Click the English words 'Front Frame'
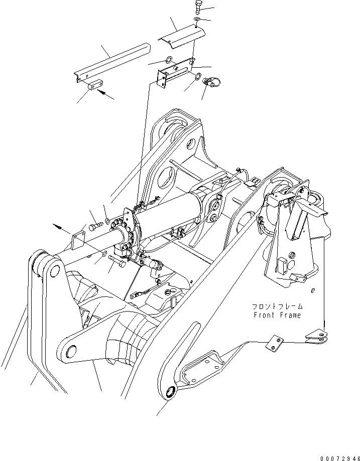tap(277, 315)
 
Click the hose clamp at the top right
tap(212, 81)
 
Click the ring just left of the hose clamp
tap(198, 76)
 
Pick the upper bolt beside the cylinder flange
tap(96, 227)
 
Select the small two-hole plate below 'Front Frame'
tap(274, 343)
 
